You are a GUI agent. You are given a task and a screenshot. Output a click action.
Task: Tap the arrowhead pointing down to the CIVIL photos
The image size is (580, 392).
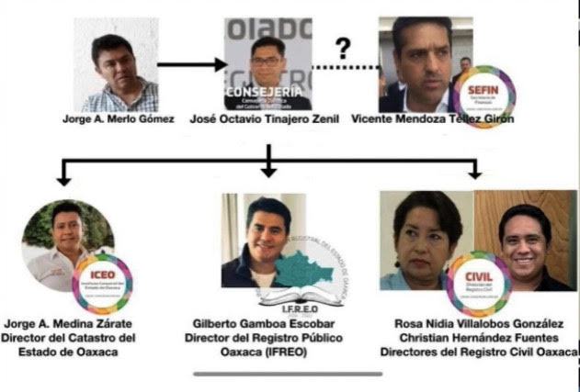475,172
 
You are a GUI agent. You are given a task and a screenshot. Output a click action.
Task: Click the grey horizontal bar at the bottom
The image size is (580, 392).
288,373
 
